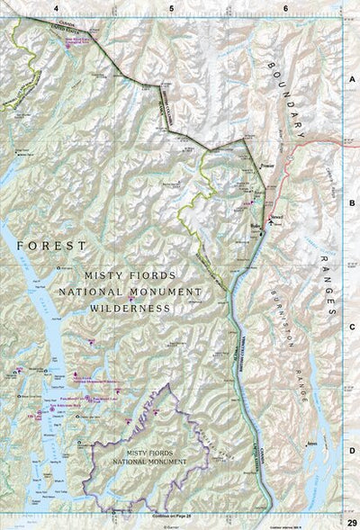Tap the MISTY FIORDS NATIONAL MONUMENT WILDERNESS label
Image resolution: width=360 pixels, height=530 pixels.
click(129, 292)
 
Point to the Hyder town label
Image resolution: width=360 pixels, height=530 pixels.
click(256, 224)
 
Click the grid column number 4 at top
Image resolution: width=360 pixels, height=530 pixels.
click(55, 8)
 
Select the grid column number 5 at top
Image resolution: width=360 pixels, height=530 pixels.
click(171, 8)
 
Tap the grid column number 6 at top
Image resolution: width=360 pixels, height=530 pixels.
click(285, 8)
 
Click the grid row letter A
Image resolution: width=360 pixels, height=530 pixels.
click(352, 78)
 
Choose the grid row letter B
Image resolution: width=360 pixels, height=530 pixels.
click(352, 203)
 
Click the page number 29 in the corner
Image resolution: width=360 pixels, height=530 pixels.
click(351, 522)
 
